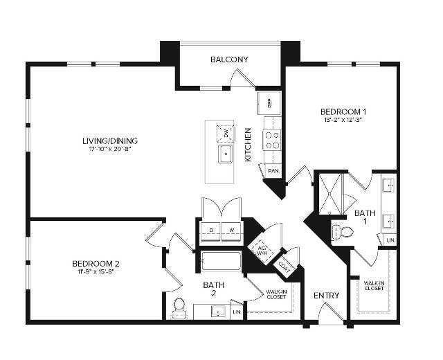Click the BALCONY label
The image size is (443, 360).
coord(229,60)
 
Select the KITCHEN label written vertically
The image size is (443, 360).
coord(248,145)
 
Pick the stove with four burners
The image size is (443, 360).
coord(272,141)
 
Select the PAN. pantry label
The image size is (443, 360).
coord(273,170)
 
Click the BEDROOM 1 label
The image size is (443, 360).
coord(343,111)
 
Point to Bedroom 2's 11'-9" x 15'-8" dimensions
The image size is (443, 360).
coord(96,271)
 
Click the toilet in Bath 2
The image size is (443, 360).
coord(179,306)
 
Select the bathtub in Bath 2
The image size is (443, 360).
coord(221,263)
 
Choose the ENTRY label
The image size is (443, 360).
coord(326,296)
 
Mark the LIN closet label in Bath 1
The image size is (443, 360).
coord(390,240)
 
